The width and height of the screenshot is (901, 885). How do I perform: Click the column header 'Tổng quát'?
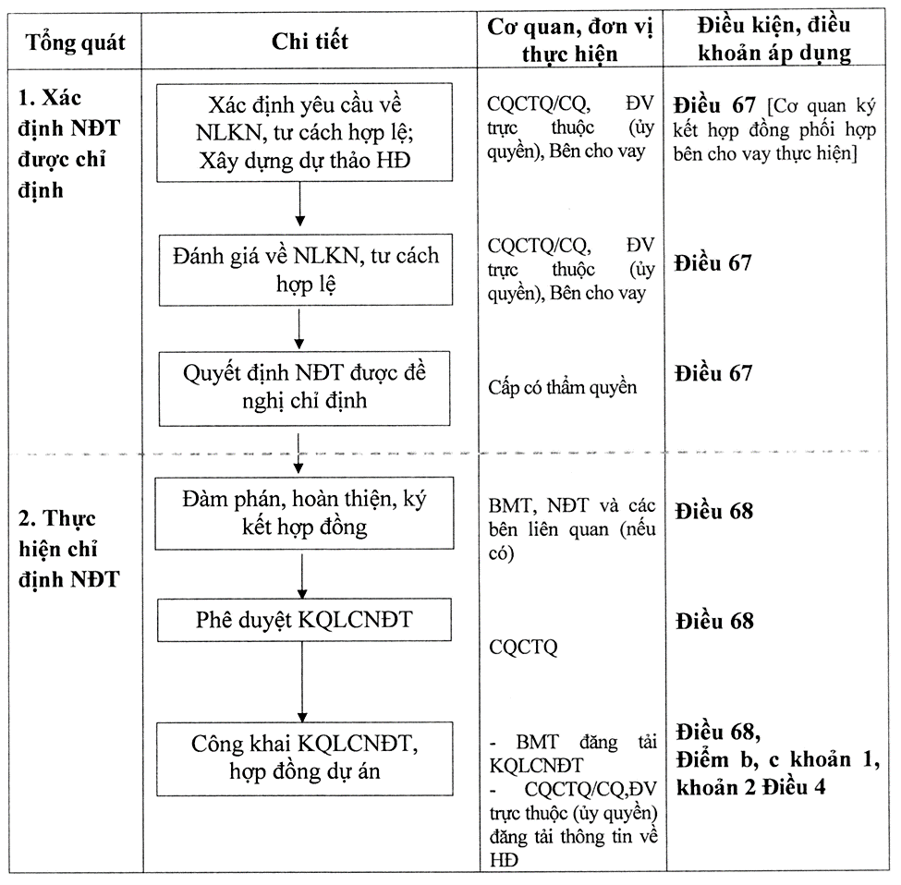(x=75, y=42)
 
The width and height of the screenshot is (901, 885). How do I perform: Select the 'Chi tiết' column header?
(x=310, y=42)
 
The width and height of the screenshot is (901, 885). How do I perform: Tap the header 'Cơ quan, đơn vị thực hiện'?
(x=570, y=41)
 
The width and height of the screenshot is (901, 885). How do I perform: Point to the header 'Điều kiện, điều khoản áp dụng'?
(x=774, y=39)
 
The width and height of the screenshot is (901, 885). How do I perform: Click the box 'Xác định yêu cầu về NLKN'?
(x=305, y=133)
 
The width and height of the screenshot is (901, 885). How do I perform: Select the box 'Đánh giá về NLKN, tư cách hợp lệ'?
(x=306, y=270)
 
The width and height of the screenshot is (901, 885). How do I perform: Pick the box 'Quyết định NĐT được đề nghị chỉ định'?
(x=305, y=388)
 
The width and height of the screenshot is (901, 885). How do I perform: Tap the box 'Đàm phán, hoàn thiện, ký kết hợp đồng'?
(x=305, y=513)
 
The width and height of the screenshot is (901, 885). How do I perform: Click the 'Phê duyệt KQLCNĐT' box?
(x=305, y=620)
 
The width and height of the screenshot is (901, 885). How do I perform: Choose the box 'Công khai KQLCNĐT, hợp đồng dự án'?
(x=305, y=758)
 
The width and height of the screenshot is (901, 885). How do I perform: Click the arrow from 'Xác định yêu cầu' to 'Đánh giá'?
(x=299, y=204)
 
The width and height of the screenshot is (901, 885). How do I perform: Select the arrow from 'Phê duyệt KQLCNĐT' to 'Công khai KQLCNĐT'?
(x=302, y=682)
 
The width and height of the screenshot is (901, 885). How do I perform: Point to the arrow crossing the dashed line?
(x=298, y=454)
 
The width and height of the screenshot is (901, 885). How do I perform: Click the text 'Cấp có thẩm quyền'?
(x=563, y=388)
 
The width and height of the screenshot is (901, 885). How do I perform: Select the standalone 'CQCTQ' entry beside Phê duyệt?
(x=523, y=648)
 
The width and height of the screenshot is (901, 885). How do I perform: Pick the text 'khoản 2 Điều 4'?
(x=750, y=787)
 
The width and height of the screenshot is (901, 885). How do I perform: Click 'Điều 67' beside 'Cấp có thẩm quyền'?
(x=713, y=373)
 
